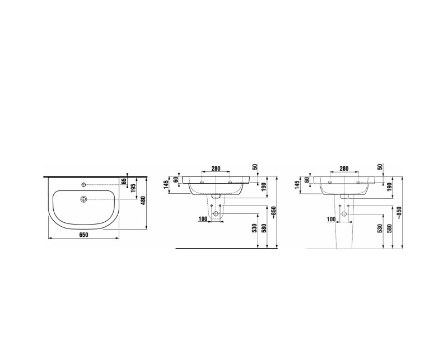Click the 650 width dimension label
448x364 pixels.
coord(83,235)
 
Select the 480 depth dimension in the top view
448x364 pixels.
coord(144,200)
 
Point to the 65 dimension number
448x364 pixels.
coord(124,181)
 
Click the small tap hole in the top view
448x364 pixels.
coord(83,185)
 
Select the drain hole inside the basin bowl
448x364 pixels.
coord(83,199)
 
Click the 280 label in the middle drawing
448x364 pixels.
coord(216,169)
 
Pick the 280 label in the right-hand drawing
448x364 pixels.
coord(344,169)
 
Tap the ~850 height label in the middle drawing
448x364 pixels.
coord(274,213)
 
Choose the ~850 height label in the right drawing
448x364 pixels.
coord(399,213)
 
